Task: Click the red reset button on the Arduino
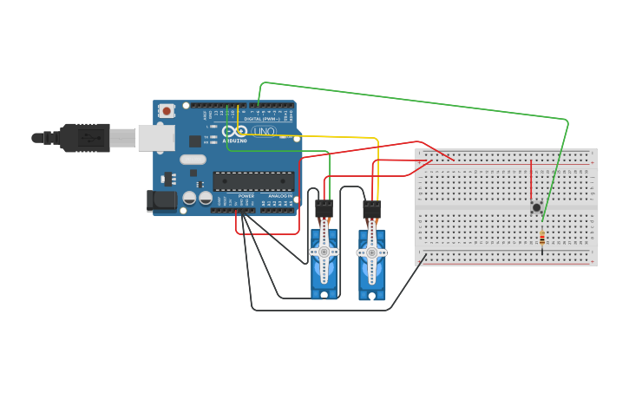tap(166, 111)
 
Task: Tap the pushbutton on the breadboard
tap(536, 207)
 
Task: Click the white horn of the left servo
tap(324, 252)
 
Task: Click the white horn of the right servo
tap(371, 252)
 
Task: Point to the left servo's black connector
tap(324, 209)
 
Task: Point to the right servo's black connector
tap(371, 209)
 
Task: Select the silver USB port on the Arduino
tap(156, 138)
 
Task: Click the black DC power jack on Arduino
tap(161, 201)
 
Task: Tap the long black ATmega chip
tap(253, 181)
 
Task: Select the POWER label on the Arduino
tap(246, 196)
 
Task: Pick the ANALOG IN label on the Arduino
tap(279, 196)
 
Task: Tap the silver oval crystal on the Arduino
tap(193, 160)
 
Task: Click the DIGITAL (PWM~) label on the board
tap(261, 119)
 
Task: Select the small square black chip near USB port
tap(194, 141)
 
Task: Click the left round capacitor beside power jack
tap(189, 198)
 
